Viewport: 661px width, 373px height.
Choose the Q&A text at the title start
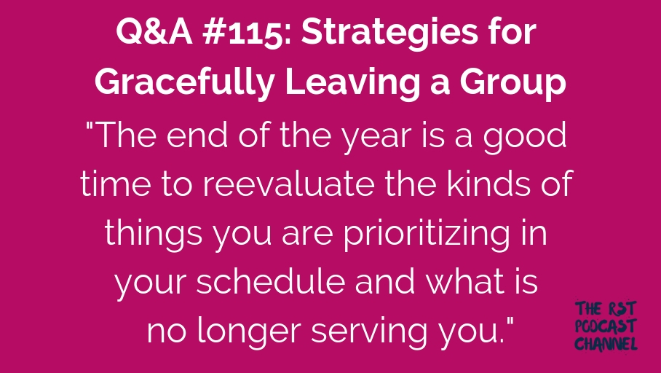(154, 33)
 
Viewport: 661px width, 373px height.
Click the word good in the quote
(524, 137)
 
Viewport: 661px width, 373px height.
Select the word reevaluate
(288, 184)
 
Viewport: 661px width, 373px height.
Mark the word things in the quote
(154, 234)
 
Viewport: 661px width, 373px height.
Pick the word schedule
(270, 280)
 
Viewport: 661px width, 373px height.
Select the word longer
(249, 331)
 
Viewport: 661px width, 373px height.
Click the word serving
(369, 331)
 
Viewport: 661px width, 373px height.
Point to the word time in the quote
(115, 184)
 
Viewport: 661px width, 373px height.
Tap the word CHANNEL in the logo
(606, 344)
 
